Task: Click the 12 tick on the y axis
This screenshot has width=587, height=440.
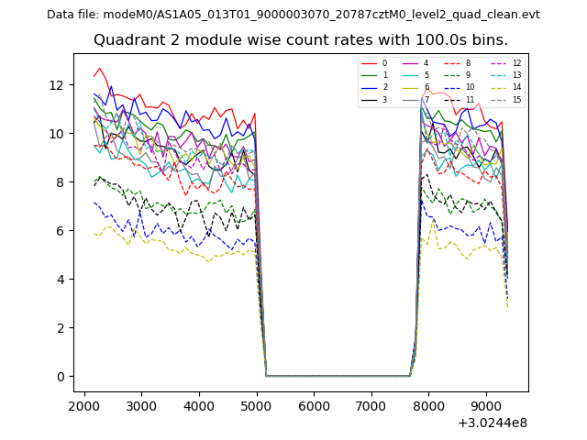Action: tap(57, 85)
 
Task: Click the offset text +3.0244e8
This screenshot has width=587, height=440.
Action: tap(493, 423)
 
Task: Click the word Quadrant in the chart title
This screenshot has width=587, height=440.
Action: tap(125, 40)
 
